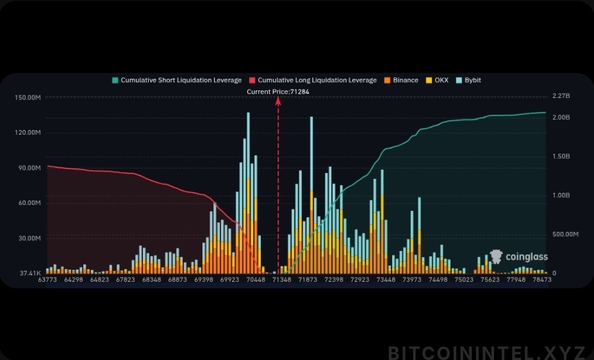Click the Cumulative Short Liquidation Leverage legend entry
pos(177,80)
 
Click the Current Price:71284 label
pos(278,92)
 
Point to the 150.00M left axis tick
pos(28,97)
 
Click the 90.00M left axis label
pos(29,168)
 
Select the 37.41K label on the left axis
pos(31,273)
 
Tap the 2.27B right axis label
pos(561,97)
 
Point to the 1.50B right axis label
pos(561,156)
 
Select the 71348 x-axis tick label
pos(282,280)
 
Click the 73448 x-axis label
pos(386,280)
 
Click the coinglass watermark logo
pos(519,257)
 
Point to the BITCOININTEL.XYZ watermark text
pos(486,352)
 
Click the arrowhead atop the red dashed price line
pos(278,99)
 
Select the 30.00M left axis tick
pos(29,238)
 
